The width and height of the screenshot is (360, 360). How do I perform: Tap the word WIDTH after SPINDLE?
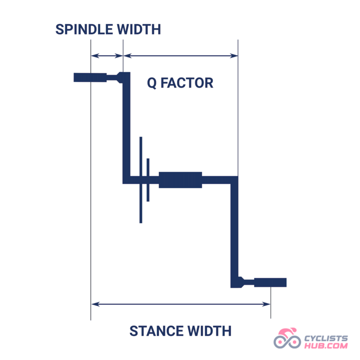pos(139,30)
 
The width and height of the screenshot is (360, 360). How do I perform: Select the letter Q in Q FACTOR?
pos(152,83)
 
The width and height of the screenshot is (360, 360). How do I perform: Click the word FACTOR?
pos(187,83)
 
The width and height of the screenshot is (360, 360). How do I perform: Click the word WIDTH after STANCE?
pos(210,331)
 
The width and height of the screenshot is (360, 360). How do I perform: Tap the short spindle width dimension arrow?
pos(107,56)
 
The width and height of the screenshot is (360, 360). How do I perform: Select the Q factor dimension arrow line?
pos(180,56)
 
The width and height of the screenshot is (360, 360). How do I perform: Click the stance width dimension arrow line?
pos(180,304)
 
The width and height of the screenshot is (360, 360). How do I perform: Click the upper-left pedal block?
pos(90,77)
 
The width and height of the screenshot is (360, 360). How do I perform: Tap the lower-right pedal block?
pos(270,282)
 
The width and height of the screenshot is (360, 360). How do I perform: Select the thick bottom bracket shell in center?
pos(180,180)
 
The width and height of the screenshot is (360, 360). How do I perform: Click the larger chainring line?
pos(141,180)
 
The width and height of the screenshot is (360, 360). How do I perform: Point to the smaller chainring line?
pos(148,180)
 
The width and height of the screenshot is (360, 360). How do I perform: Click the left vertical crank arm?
pos(126,128)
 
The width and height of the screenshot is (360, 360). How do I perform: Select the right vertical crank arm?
pos(234,232)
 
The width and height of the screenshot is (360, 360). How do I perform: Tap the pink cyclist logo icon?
pos(287,338)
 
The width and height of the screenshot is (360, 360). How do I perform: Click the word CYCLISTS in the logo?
pos(326,338)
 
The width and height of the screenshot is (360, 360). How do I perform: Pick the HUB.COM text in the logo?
pos(326,345)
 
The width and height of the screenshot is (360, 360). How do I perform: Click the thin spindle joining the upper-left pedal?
pos(112,77)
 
